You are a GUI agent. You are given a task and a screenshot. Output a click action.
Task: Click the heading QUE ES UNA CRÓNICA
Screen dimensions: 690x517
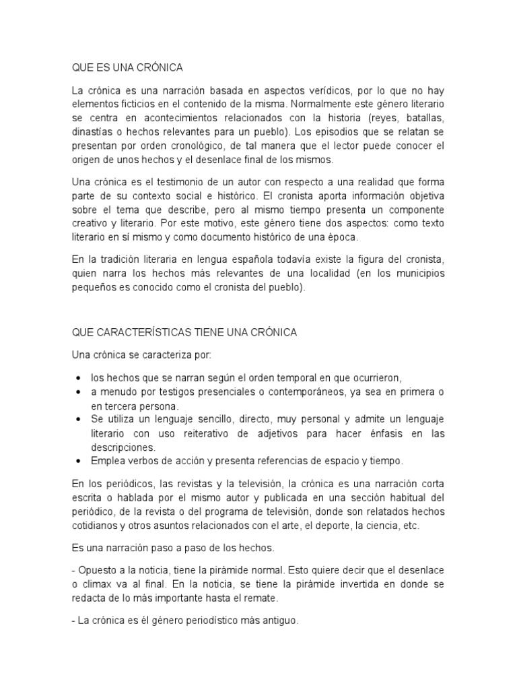coord(127,68)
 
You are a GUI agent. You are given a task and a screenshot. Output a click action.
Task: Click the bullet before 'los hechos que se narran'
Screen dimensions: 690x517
coord(80,378)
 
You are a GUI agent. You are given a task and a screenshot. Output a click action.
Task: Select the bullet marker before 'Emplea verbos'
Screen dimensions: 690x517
coord(80,461)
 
